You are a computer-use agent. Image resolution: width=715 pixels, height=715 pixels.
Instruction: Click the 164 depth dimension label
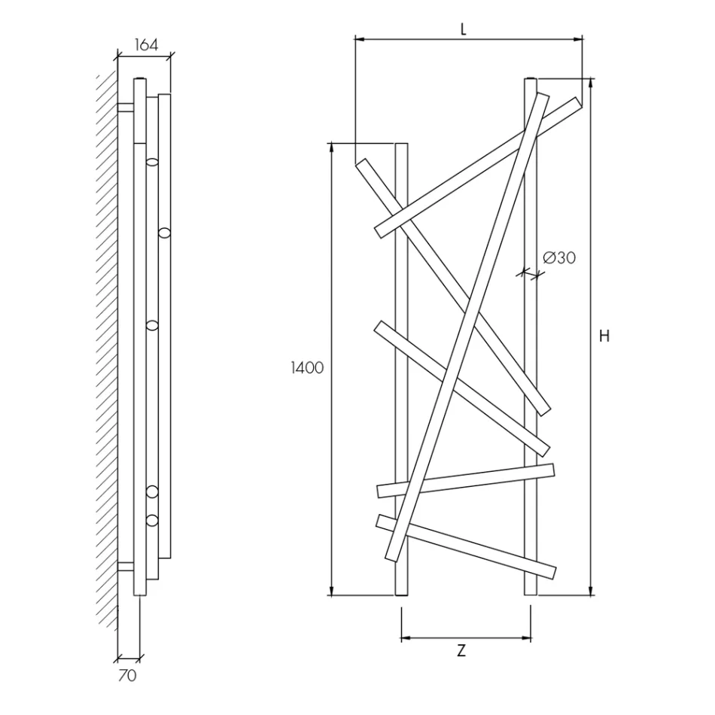click(146, 44)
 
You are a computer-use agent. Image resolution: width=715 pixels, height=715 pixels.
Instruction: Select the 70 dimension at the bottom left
click(128, 676)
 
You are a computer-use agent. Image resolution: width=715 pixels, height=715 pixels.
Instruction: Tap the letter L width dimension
click(464, 29)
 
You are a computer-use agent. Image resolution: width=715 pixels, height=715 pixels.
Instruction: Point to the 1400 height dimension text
click(308, 368)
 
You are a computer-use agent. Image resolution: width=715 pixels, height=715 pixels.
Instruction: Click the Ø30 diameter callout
click(558, 257)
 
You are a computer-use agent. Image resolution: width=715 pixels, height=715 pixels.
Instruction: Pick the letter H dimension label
click(604, 336)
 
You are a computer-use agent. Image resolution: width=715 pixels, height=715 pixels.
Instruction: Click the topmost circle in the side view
click(153, 162)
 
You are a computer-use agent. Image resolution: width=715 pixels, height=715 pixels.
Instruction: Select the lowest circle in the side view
click(153, 520)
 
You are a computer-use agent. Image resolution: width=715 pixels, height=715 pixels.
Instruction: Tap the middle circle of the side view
click(153, 325)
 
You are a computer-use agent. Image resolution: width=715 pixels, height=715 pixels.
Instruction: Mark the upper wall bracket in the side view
click(126, 107)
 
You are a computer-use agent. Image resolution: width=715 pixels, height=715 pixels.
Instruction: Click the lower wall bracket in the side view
click(126, 566)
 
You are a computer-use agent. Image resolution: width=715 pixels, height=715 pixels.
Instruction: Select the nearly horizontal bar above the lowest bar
click(466, 480)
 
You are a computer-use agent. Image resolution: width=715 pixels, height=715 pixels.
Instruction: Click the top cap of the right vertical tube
click(531, 78)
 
